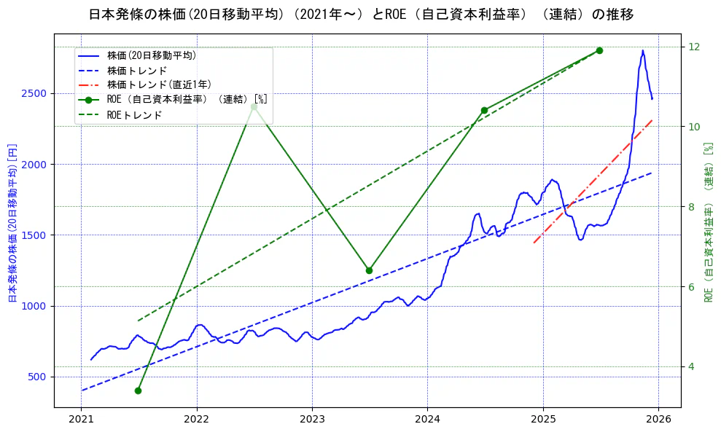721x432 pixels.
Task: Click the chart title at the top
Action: (361, 15)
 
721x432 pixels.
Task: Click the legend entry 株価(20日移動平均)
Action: (152, 55)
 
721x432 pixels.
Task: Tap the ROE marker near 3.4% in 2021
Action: (138, 390)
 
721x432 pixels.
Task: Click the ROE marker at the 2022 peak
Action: (254, 107)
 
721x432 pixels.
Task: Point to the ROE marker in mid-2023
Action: (369, 270)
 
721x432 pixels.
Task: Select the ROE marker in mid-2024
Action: (484, 110)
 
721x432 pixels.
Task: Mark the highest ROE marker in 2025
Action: (599, 50)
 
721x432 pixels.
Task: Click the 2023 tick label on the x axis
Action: (312, 419)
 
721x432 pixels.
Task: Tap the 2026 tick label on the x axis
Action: (658, 419)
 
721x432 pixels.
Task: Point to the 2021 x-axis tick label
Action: (82, 419)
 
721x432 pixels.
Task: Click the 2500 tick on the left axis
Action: (37, 93)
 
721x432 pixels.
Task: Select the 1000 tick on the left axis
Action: (37, 306)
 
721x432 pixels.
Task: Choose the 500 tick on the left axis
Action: (40, 377)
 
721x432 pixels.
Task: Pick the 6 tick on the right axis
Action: (692, 286)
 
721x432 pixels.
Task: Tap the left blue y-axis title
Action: (12, 223)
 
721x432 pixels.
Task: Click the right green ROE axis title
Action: (708, 223)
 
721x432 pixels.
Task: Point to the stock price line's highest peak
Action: (642, 50)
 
